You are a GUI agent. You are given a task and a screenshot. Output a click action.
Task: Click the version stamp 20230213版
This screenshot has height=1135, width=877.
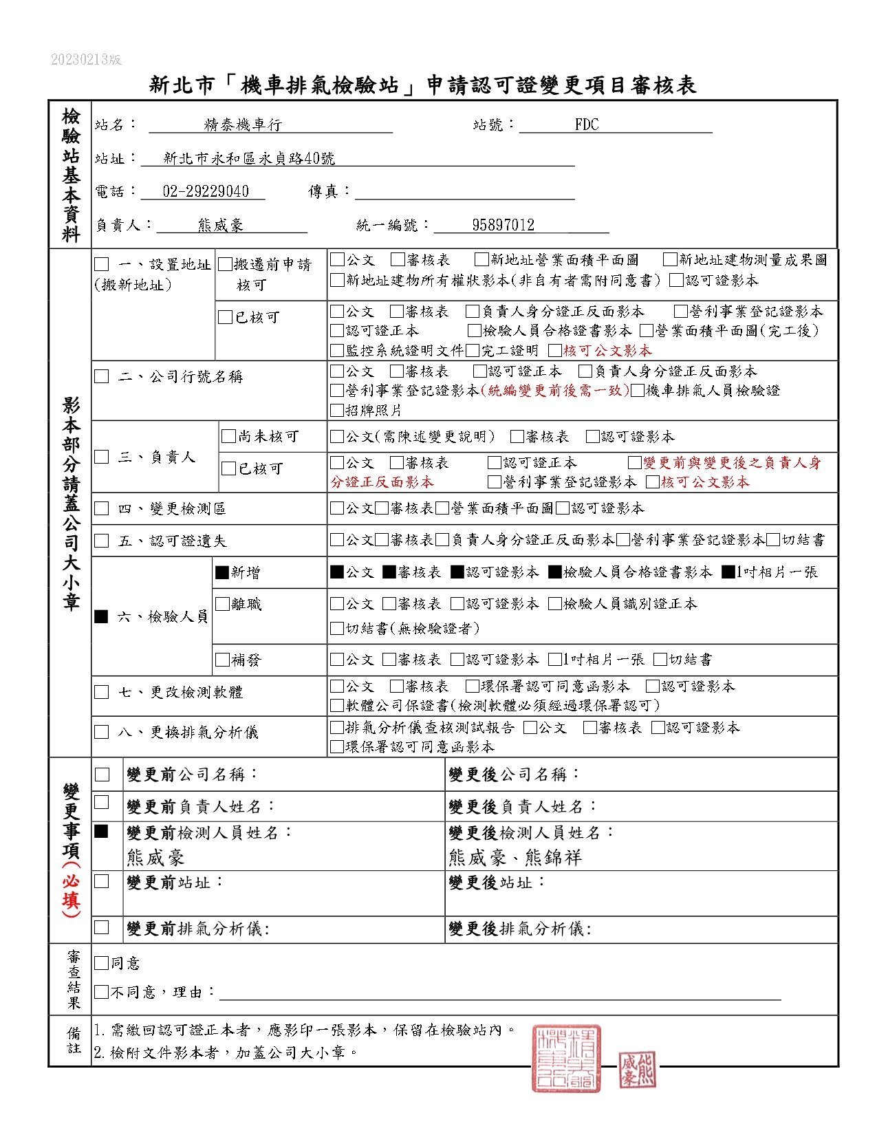click(x=86, y=60)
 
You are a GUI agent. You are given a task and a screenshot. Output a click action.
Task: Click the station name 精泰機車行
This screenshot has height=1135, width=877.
click(x=243, y=125)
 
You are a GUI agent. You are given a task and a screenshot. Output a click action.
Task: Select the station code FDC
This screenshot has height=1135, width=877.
click(x=587, y=125)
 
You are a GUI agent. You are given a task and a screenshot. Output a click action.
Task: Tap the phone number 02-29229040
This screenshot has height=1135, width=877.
click(x=206, y=191)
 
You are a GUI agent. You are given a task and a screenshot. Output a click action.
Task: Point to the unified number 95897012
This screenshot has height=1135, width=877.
click(x=503, y=225)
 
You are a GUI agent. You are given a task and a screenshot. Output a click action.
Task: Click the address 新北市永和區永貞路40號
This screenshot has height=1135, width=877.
click(x=249, y=158)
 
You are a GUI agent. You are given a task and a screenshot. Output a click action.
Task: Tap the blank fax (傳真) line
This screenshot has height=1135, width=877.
click(x=464, y=192)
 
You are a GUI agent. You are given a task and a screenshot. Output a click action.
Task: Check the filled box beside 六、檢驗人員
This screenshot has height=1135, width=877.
click(x=102, y=616)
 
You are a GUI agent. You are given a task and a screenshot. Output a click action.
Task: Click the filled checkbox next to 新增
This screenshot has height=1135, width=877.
click(x=222, y=572)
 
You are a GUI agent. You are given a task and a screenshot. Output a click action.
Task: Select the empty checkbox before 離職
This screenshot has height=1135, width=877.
click(x=222, y=604)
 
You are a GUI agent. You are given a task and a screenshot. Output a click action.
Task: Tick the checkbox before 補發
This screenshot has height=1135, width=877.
click(x=222, y=660)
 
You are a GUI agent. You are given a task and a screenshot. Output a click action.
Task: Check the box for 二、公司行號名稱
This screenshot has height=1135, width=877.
click(x=102, y=376)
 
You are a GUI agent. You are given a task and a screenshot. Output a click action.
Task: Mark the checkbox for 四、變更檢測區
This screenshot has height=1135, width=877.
click(x=102, y=508)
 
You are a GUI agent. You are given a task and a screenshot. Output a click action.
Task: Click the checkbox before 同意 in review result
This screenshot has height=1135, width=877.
click(x=101, y=963)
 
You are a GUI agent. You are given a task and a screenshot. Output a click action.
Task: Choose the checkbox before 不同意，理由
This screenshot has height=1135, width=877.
click(x=101, y=992)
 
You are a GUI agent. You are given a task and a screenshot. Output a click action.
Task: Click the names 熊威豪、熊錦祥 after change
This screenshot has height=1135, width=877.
click(x=515, y=858)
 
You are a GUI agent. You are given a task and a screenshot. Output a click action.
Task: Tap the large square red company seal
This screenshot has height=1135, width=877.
click(x=565, y=1059)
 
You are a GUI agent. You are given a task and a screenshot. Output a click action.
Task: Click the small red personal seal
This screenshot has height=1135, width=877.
click(x=636, y=1070)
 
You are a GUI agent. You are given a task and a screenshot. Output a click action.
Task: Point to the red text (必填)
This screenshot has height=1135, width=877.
click(x=71, y=891)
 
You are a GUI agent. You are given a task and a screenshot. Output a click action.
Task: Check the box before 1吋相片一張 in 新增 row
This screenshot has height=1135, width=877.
click(x=728, y=572)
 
